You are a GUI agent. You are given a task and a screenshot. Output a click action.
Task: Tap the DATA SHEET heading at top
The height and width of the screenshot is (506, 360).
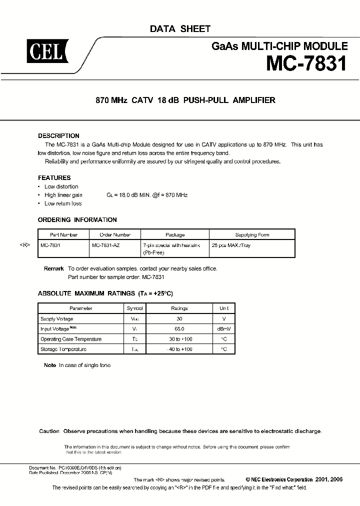[180, 29]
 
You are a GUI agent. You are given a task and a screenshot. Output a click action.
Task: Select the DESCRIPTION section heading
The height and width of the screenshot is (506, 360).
[58, 136]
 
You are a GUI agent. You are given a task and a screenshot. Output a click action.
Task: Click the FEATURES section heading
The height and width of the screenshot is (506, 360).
[54, 177]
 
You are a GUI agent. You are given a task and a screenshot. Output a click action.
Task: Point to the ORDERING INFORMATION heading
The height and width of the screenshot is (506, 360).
[77, 219]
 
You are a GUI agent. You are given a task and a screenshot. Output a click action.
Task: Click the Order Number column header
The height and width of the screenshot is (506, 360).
[114, 234]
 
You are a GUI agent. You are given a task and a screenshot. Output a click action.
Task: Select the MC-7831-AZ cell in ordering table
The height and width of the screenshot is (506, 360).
[106, 246]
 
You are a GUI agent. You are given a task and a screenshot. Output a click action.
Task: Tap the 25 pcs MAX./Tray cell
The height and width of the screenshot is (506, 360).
[231, 246]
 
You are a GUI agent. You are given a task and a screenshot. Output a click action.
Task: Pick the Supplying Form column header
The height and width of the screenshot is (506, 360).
[252, 234]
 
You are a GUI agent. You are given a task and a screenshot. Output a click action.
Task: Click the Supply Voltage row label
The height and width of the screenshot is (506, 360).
[56, 319]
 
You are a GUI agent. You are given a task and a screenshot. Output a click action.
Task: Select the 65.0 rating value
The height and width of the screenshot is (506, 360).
[179, 329]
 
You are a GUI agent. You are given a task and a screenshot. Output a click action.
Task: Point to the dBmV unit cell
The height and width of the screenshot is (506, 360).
[223, 329]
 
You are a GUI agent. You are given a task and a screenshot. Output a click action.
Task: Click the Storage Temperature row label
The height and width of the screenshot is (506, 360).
[63, 349]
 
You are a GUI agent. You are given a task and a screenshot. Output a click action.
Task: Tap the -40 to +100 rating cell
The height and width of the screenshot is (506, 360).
[179, 349]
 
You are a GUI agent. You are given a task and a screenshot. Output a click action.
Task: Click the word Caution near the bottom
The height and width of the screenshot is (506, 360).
[49, 431]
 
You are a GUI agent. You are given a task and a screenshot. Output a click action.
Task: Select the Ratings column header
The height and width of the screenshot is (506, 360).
[179, 308]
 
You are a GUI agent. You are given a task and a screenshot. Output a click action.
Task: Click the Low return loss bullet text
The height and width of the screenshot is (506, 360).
[63, 203]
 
